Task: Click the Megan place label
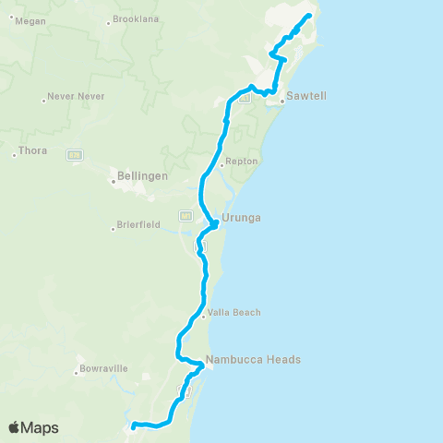click(x=31, y=20)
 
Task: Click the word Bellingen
click(x=140, y=174)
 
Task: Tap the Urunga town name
click(x=244, y=218)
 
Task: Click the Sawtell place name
click(x=307, y=96)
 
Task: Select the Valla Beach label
click(x=235, y=313)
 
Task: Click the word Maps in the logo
click(x=41, y=427)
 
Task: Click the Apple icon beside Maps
click(x=15, y=426)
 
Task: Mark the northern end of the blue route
click(x=308, y=16)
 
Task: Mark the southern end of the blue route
click(x=134, y=425)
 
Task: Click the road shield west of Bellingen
click(x=75, y=154)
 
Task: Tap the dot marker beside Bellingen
click(x=113, y=182)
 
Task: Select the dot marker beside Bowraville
click(x=78, y=373)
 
